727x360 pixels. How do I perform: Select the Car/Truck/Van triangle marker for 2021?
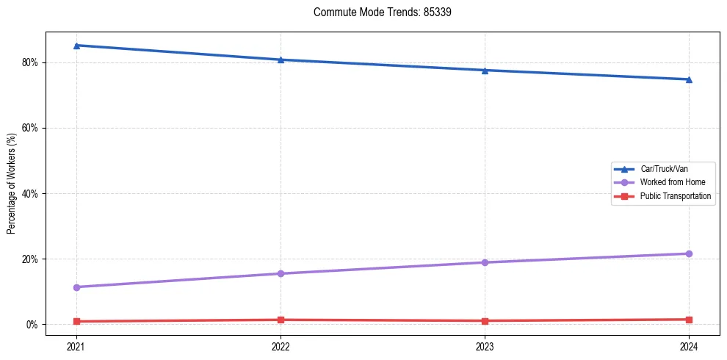coord(76,46)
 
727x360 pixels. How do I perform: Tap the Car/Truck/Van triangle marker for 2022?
coord(281,60)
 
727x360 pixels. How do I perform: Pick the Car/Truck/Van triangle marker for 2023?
coord(485,71)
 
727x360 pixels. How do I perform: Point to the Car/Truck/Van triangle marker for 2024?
coord(689,79)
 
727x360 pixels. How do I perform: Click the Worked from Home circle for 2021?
coord(76,287)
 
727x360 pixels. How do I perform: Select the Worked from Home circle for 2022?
coord(281,273)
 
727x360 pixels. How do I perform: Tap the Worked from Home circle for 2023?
coord(485,262)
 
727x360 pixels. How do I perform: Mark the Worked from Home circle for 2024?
coord(689,253)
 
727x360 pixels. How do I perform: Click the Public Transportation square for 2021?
coord(76,321)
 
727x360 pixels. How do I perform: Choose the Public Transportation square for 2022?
coord(281,320)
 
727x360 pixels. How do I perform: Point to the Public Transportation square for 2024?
coord(689,320)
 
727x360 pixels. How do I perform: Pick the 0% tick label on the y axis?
coord(32,325)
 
